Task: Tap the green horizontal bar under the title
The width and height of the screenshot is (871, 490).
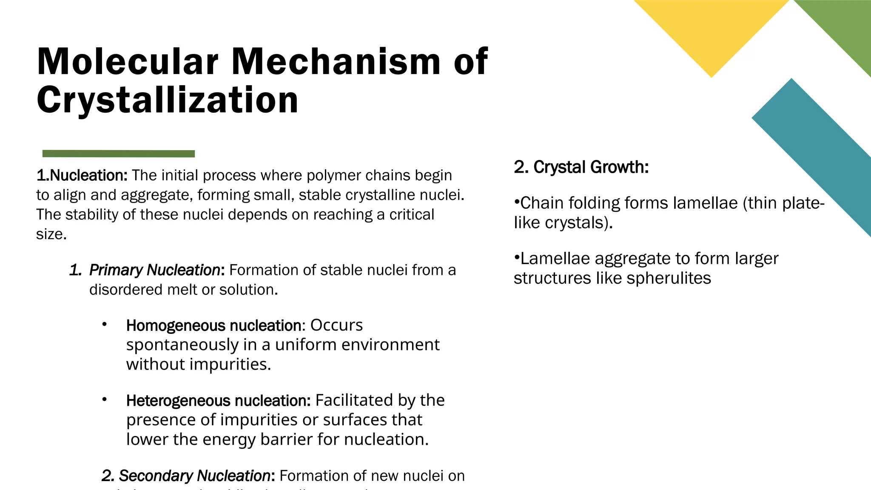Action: [x=119, y=154]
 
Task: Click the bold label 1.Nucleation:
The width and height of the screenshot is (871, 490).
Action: [x=82, y=175]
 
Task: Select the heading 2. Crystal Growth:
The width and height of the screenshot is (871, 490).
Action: [x=581, y=167]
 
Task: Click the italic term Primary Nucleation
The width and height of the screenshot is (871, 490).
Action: [x=155, y=270]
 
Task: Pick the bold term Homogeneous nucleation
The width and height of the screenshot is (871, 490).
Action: [x=213, y=325]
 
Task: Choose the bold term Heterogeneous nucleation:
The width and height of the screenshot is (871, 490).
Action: [x=218, y=401]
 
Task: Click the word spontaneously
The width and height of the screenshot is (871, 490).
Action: [x=182, y=345]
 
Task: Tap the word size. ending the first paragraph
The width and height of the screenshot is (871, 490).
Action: [x=51, y=234]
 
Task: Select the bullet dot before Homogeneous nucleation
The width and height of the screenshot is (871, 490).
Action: [x=104, y=325]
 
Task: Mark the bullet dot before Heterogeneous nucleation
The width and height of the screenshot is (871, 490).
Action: [x=104, y=400]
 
